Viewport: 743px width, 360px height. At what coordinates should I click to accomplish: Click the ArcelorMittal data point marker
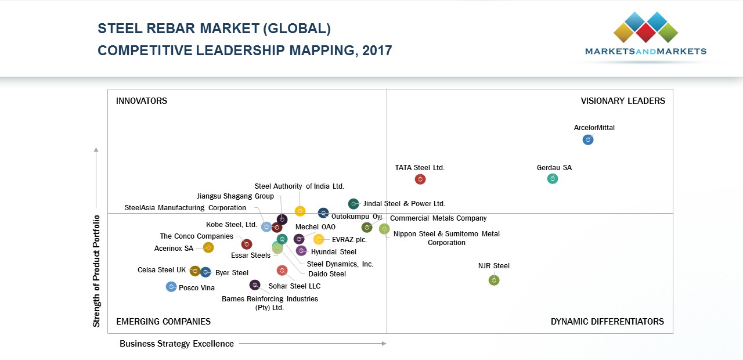click(x=588, y=140)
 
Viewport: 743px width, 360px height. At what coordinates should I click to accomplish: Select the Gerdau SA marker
click(x=553, y=179)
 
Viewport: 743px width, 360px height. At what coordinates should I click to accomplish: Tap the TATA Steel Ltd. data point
click(x=420, y=179)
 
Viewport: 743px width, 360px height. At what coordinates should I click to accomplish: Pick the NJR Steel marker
click(x=494, y=280)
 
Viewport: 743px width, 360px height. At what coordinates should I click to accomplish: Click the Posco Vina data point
click(x=171, y=287)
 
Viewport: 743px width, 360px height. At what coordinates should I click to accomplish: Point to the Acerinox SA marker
click(x=208, y=248)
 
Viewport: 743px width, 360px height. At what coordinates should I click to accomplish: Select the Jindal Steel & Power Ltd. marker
click(x=354, y=204)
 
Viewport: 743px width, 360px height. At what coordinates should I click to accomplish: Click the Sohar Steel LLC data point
click(x=282, y=271)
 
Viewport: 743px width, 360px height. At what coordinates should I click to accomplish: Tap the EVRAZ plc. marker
click(x=319, y=239)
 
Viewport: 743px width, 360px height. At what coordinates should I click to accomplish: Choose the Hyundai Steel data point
click(x=301, y=251)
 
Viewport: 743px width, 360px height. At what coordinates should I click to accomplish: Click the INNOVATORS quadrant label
click(x=142, y=101)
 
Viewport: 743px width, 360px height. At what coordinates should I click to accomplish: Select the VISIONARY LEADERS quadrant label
click(x=623, y=101)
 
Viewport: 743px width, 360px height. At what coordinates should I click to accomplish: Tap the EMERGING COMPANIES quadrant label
click(x=163, y=322)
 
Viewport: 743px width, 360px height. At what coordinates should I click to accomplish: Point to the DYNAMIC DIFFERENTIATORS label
click(x=607, y=322)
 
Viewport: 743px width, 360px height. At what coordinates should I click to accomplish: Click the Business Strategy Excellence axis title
click(x=176, y=344)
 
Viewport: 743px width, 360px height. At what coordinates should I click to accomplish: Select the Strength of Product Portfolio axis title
click(x=97, y=271)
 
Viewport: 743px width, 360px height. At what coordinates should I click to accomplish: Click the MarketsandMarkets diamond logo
click(x=645, y=27)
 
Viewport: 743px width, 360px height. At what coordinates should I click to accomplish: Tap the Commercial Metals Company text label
click(x=438, y=218)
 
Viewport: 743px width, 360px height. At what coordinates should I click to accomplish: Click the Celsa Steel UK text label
click(x=161, y=270)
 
